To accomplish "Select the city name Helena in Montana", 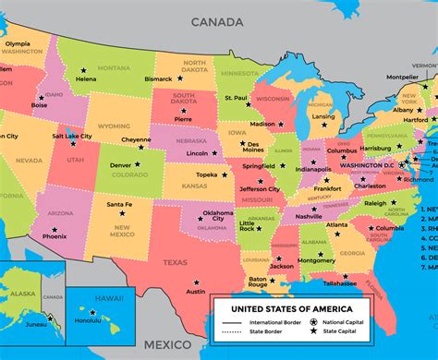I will coord(86,79).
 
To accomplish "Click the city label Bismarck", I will coord(159,79).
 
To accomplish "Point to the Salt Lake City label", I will coord(72,136).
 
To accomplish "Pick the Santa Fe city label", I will coord(118,204).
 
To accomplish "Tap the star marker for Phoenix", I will coord(55,229).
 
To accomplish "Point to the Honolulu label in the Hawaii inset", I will coord(89,320).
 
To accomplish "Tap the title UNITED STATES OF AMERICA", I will coord(290,308).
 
